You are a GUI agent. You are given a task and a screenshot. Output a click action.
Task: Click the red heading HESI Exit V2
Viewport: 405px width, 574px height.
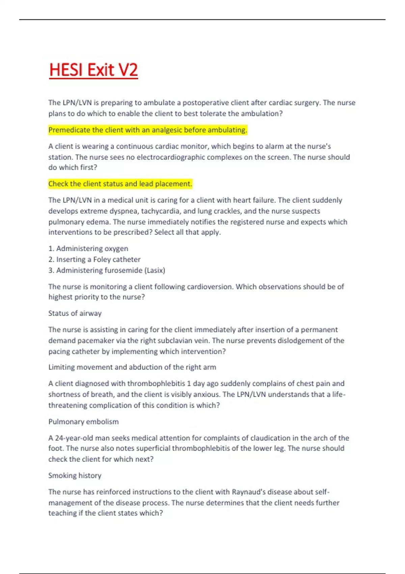click(x=93, y=70)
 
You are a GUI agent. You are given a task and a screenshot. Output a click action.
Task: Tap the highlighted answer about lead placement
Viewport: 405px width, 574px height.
click(x=120, y=184)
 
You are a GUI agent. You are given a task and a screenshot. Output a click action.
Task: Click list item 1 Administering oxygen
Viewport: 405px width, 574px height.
click(x=88, y=249)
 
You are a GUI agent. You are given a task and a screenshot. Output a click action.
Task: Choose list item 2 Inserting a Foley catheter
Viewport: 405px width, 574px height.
click(x=94, y=259)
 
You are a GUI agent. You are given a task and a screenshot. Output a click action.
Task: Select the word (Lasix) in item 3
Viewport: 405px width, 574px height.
click(x=155, y=270)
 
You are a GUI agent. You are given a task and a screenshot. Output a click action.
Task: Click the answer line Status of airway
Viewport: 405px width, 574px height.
click(x=75, y=313)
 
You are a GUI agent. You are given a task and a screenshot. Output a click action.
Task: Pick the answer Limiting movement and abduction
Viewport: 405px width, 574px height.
click(x=132, y=367)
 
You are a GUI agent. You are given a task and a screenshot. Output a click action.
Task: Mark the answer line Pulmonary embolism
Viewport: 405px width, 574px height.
click(x=83, y=422)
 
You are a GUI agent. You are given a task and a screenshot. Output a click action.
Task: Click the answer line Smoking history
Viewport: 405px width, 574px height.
click(x=75, y=475)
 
